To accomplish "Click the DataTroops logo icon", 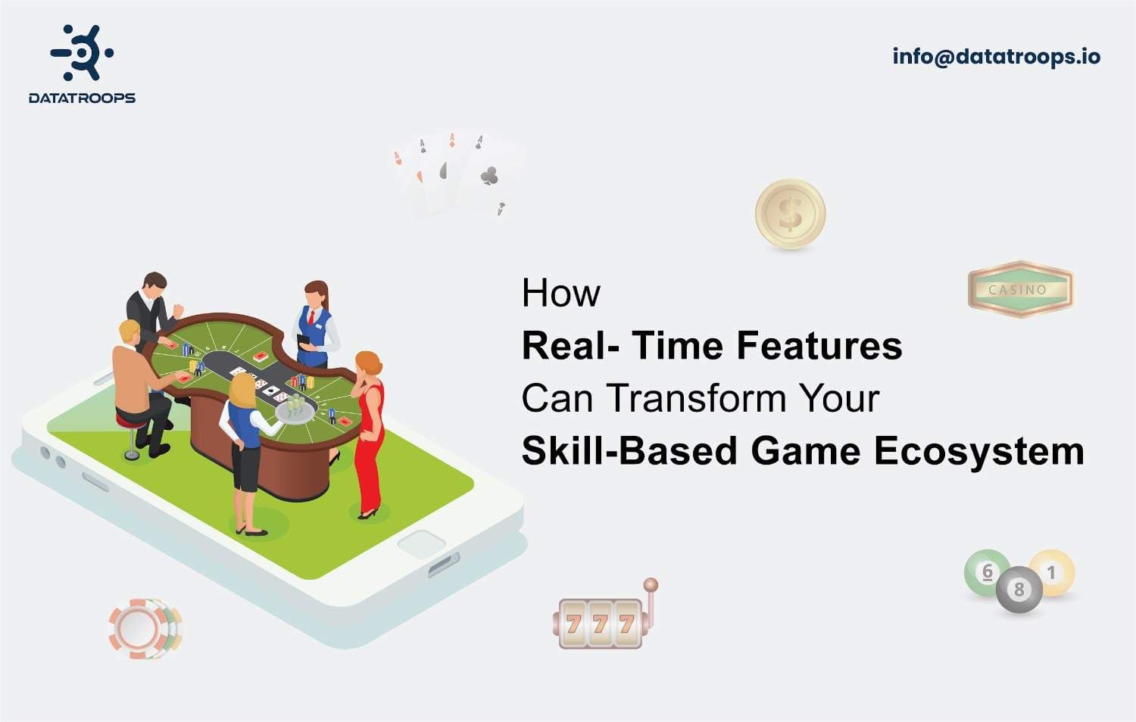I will pyautogui.click(x=82, y=52).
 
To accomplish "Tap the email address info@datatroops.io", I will pyautogui.click(x=996, y=57).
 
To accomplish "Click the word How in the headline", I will pyautogui.click(x=560, y=293).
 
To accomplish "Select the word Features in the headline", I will pyautogui.click(x=819, y=345).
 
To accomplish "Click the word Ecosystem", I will pyautogui.click(x=978, y=451).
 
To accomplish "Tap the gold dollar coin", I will pyautogui.click(x=790, y=213).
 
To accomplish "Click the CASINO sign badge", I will pyautogui.click(x=1019, y=289).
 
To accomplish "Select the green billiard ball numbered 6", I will pyautogui.click(x=987, y=572).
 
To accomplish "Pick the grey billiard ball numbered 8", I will pyautogui.click(x=1019, y=589).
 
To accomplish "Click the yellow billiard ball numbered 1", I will pyautogui.click(x=1052, y=572).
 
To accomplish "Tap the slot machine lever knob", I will pyautogui.click(x=651, y=584).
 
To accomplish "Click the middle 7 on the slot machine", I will pyautogui.click(x=600, y=624).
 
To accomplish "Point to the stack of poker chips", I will pyautogui.click(x=144, y=628).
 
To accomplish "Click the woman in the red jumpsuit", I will pyautogui.click(x=369, y=431).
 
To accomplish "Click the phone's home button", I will pyautogui.click(x=421, y=543).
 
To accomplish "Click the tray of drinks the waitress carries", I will pyautogui.click(x=295, y=409).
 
